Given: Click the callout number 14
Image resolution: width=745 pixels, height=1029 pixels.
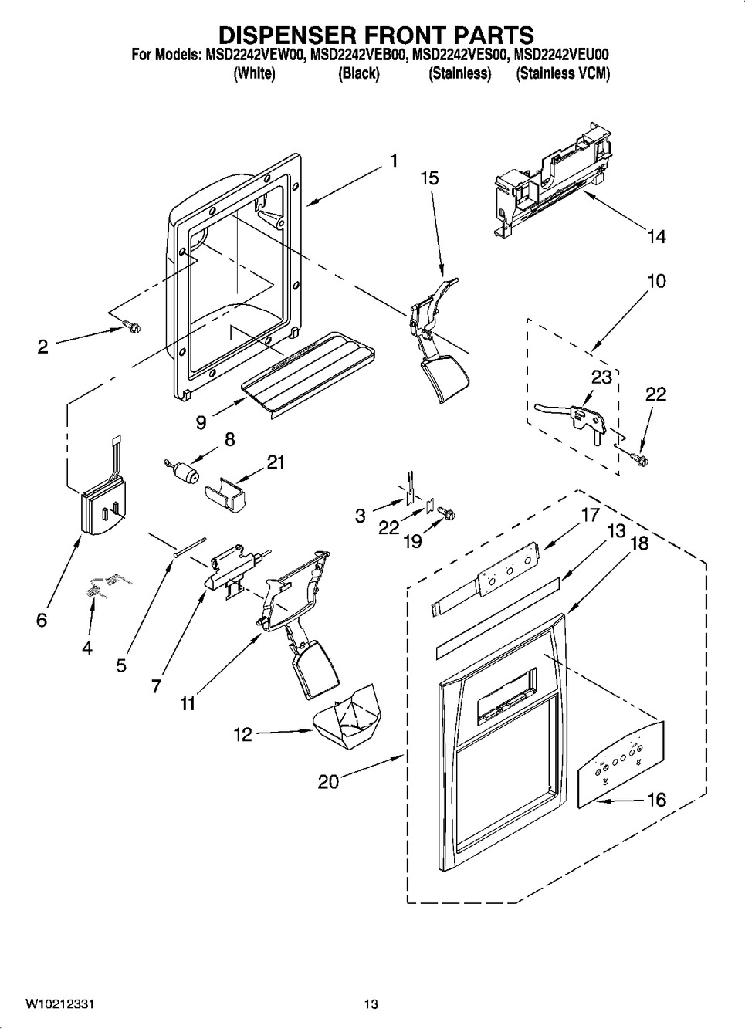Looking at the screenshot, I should click(655, 237).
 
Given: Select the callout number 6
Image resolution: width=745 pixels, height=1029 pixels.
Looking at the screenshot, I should click(41, 620).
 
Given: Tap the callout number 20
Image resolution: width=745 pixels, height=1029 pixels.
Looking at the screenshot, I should click(328, 782).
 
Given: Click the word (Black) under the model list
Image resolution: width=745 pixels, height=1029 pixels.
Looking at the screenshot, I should click(359, 74).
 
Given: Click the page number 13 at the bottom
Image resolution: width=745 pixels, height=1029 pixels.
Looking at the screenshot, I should click(371, 1004).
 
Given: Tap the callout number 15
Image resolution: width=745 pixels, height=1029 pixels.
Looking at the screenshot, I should click(429, 178).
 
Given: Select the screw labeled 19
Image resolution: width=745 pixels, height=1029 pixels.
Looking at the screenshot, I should click(447, 513).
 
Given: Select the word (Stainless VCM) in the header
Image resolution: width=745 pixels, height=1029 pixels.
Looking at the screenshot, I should click(563, 74).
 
